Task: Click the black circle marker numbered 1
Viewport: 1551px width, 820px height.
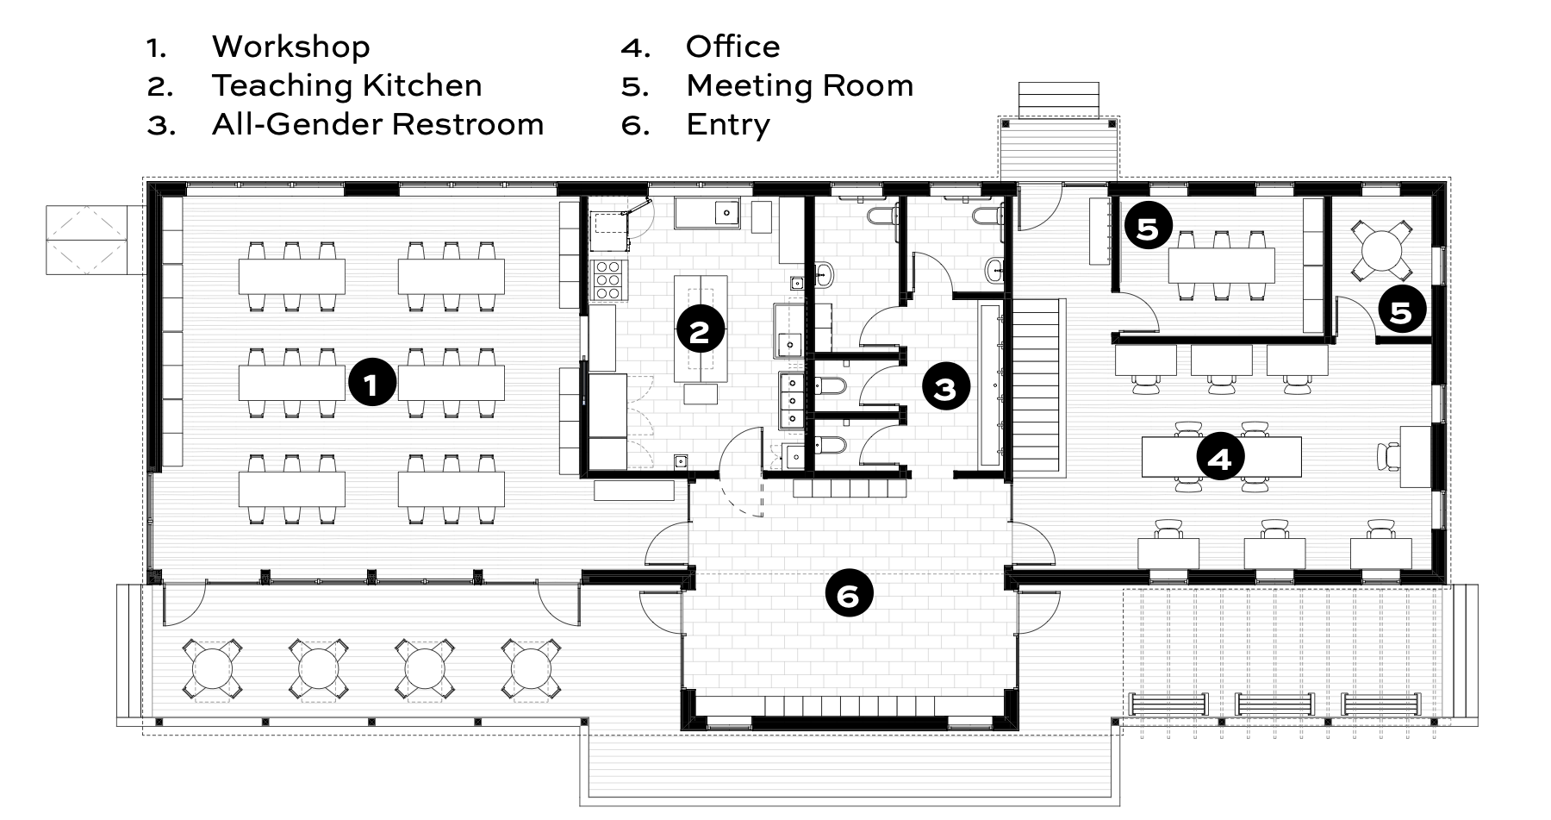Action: (x=371, y=384)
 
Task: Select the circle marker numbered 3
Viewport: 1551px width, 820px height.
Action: (x=946, y=388)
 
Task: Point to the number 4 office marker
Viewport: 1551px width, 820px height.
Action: (x=1220, y=458)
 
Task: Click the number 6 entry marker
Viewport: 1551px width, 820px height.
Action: (x=849, y=595)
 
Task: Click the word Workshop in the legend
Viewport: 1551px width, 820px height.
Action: (x=291, y=47)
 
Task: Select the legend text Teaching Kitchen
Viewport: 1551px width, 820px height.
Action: (x=347, y=85)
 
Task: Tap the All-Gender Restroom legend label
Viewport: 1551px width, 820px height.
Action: (x=378, y=124)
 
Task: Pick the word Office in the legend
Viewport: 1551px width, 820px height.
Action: (x=733, y=47)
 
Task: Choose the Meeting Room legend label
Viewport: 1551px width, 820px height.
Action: (x=800, y=85)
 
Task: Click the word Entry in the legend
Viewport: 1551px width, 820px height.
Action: (x=728, y=125)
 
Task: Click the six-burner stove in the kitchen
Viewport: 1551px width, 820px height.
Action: (x=608, y=279)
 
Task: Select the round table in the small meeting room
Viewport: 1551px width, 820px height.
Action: (x=1382, y=250)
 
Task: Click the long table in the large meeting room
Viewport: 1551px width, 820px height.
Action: (x=1222, y=266)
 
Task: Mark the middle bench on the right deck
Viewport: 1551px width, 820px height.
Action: (x=1274, y=704)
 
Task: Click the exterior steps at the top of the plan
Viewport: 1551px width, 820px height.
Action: (x=1059, y=99)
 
